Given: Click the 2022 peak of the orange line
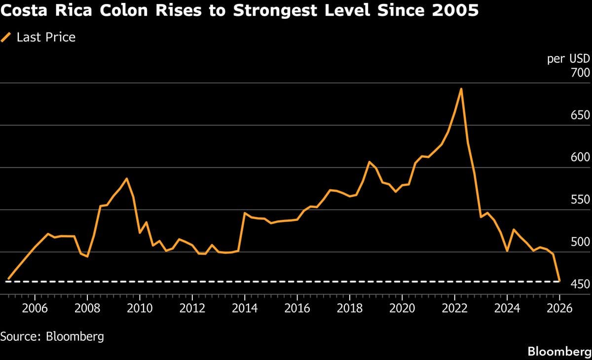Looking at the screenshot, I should pos(461,89).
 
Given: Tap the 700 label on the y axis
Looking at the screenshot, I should pos(579,73).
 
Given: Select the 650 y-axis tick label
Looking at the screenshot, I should pos(579,115).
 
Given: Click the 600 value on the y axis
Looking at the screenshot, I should pos(579,158).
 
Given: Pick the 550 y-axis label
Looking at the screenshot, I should pos(579,200).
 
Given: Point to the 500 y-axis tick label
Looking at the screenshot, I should pos(579,242).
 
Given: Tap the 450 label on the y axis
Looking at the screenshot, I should pos(579,285).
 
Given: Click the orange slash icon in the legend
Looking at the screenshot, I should pos(6,37).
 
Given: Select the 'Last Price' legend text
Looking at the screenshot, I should pos(46,37).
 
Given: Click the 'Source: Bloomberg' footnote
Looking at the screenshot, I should pos(52,337).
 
